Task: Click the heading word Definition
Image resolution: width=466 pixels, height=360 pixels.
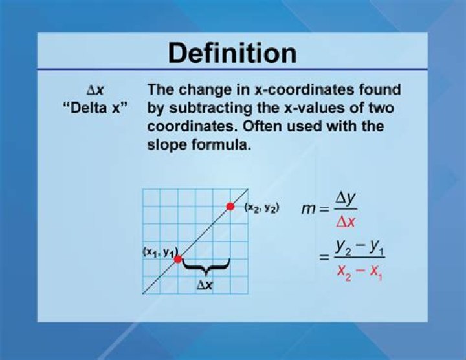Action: pos(232,53)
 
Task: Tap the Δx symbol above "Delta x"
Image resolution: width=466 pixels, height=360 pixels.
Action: pos(95,90)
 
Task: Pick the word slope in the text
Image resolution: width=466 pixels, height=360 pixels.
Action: pos(167,146)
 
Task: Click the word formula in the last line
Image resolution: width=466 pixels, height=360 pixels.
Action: pos(221,145)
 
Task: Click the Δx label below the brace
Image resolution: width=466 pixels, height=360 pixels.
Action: pos(205,286)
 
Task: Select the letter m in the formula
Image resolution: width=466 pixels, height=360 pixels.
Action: pos(308,210)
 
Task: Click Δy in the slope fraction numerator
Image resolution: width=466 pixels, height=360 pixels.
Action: pos(346,199)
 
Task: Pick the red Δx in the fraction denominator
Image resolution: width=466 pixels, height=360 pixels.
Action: pos(346,221)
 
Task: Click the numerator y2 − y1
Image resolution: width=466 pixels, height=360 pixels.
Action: pos(360,247)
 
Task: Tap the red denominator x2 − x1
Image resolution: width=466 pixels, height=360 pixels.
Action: pos(360,272)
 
